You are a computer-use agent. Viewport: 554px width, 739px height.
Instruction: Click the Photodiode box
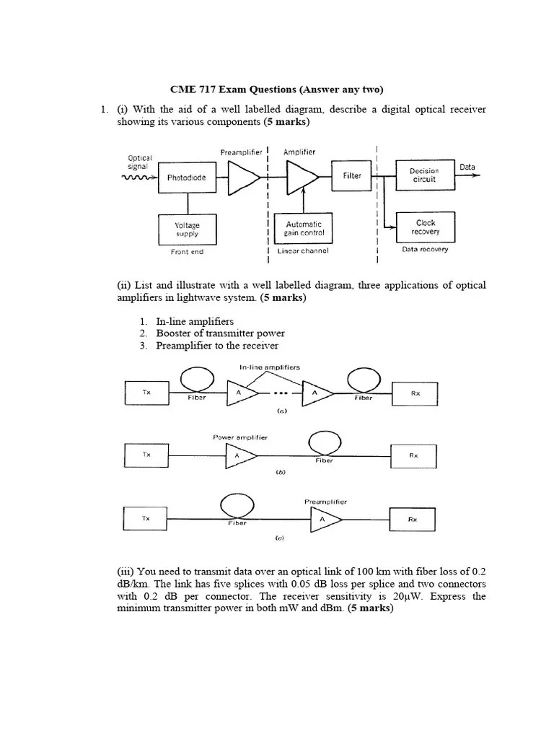[186, 178]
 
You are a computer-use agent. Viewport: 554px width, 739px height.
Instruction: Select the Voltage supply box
[187, 229]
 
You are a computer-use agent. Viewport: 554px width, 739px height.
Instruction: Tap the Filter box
[351, 176]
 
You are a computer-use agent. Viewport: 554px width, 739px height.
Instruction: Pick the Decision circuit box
[425, 175]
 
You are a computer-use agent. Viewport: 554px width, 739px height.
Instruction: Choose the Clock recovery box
[425, 227]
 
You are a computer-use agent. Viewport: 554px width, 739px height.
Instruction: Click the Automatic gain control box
[304, 229]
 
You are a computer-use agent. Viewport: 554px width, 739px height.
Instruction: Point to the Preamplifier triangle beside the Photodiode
[243, 178]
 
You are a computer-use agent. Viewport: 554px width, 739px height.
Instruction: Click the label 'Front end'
[187, 252]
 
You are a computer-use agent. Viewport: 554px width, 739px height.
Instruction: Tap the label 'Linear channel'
[303, 251]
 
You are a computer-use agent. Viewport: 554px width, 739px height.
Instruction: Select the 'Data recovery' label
[425, 250]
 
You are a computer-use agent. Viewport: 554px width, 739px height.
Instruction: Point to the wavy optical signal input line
[137, 178]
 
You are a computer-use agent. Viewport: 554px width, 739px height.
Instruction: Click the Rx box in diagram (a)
[415, 393]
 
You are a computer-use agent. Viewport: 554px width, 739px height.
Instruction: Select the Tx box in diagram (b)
[146, 455]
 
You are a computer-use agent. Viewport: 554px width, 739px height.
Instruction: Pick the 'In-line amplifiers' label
[270, 367]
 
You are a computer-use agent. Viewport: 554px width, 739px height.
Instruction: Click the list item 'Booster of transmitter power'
[220, 333]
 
